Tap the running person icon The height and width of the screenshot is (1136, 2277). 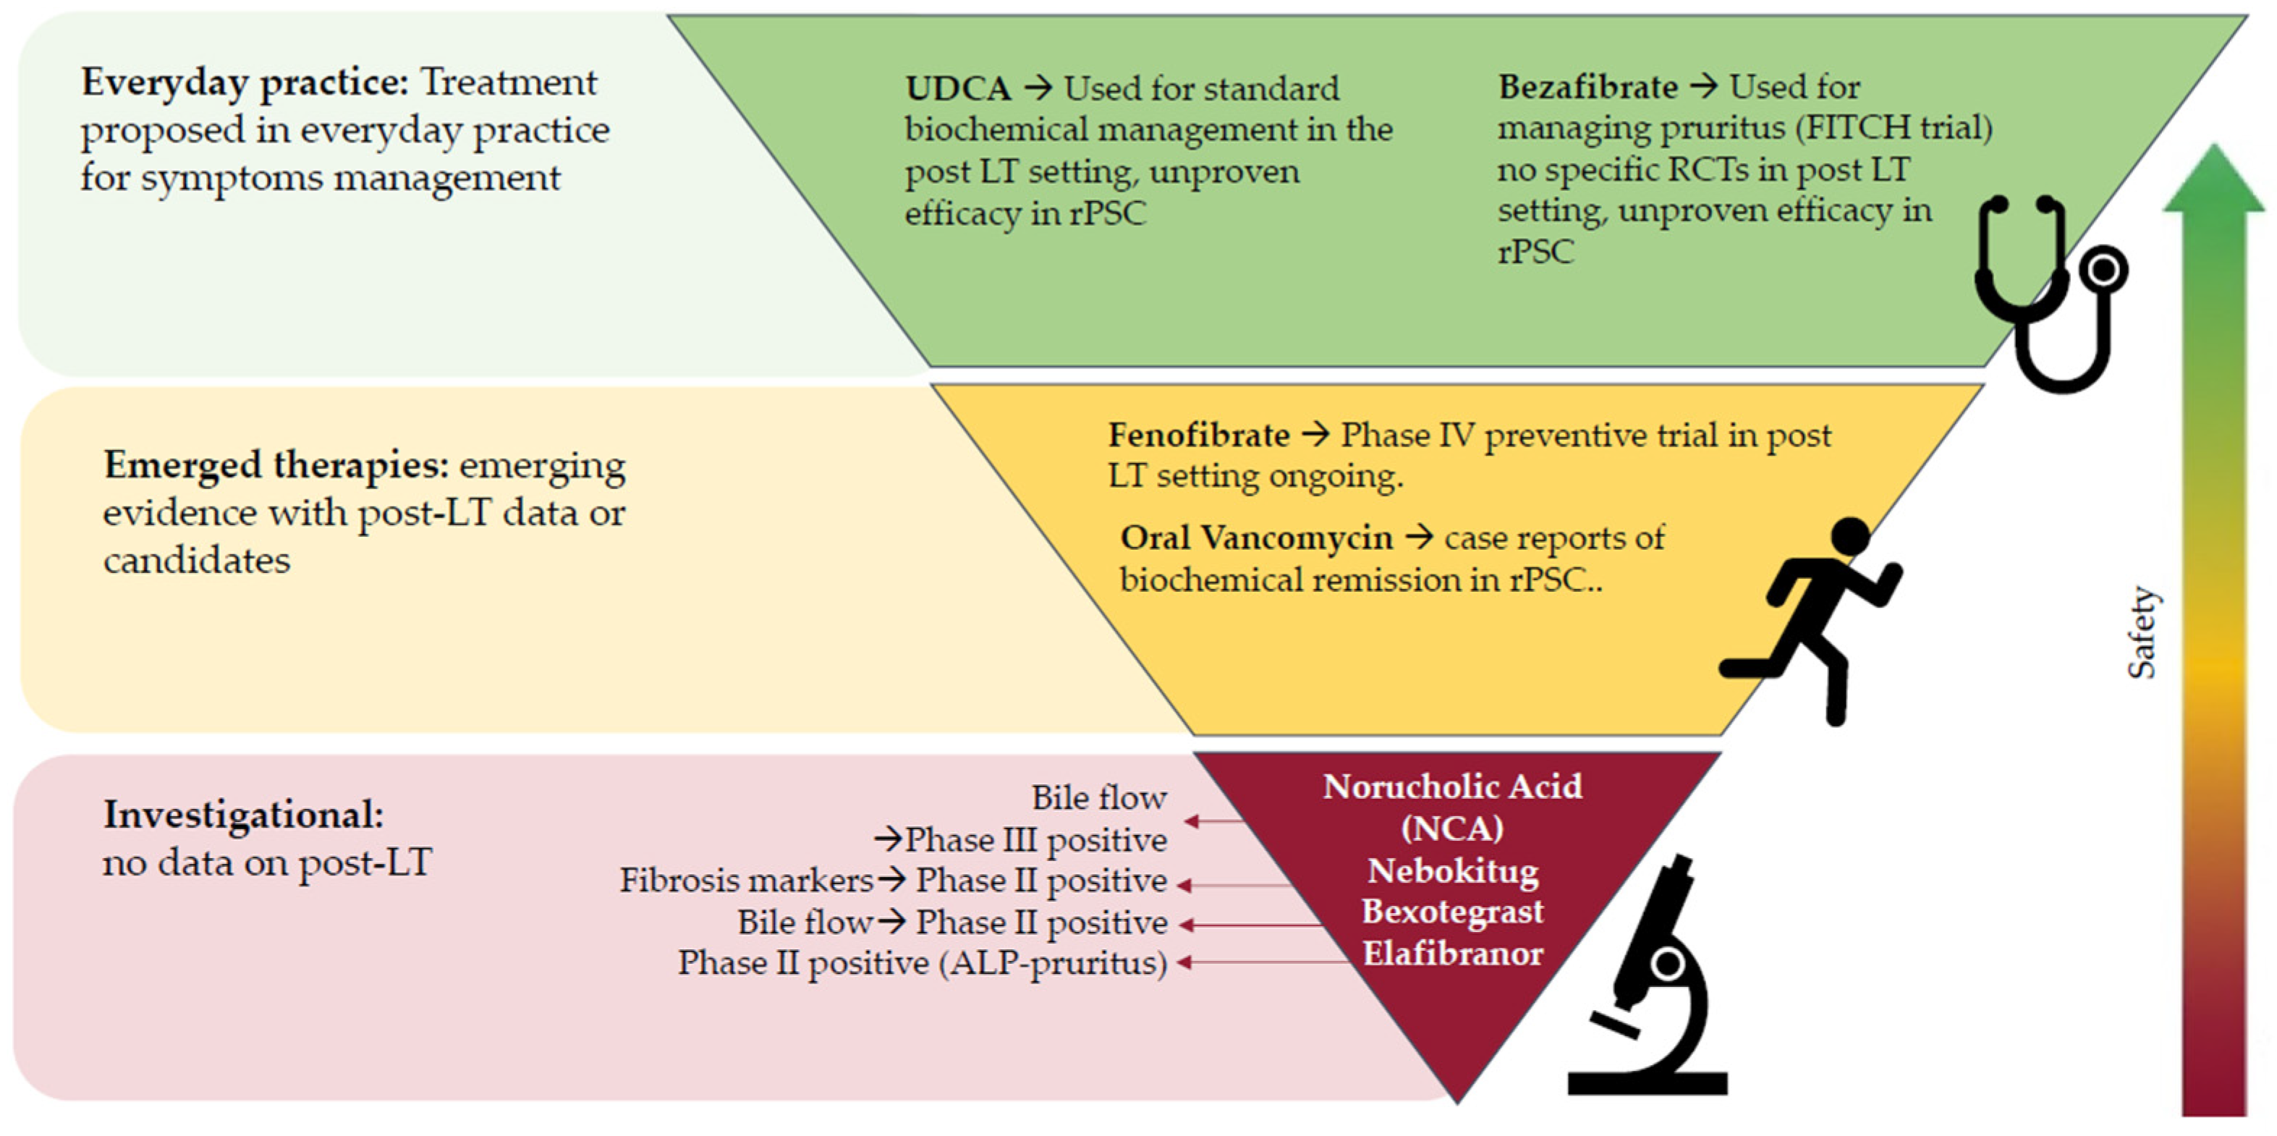click(1812, 619)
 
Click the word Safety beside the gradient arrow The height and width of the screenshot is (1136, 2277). click(2141, 633)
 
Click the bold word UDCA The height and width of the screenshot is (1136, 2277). click(958, 88)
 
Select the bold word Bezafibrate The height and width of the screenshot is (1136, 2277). click(1587, 87)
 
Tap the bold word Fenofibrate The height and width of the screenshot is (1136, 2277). click(1199, 435)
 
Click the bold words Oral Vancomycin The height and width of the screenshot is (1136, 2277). click(1256, 538)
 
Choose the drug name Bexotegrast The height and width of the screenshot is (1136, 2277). click(1453, 912)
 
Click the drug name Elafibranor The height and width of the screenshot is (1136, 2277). click(1453, 954)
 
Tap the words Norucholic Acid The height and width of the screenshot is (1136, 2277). click(1453, 787)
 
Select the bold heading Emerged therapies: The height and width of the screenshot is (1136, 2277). click(276, 466)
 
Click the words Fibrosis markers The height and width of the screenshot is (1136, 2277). click(746, 881)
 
